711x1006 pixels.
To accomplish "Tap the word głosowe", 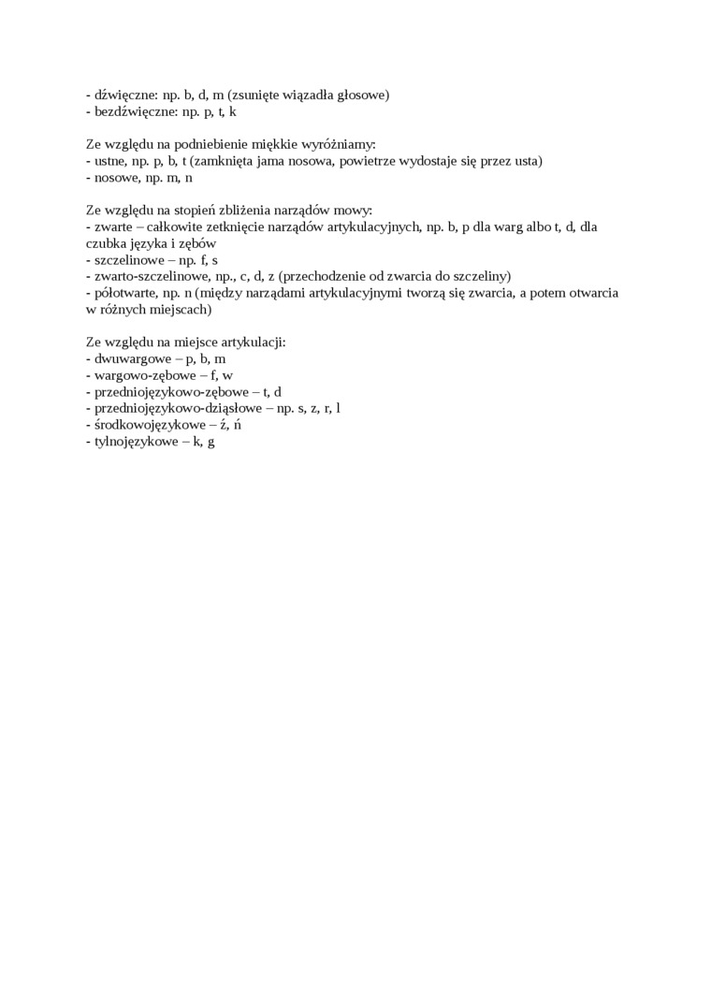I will [362, 95].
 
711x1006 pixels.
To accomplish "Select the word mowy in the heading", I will [355, 211].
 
